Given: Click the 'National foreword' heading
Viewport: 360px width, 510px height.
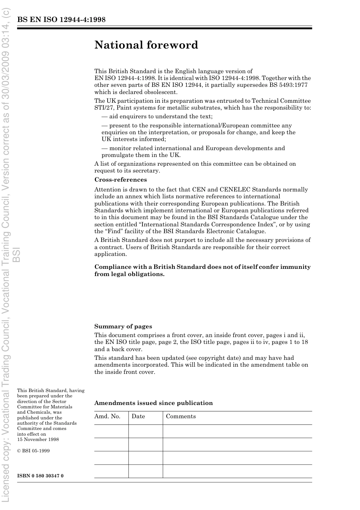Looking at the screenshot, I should point(146,45).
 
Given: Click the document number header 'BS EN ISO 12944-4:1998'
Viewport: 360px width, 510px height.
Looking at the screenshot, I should point(61,20).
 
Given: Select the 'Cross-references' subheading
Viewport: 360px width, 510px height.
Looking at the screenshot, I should point(121,180).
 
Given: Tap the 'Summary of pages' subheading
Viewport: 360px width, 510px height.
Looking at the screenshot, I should point(123,326).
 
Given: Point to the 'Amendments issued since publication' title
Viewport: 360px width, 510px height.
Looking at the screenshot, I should point(153,403).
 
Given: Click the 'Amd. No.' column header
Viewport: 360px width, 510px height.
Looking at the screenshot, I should point(107,416).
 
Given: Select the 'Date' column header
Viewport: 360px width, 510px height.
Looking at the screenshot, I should point(138,416).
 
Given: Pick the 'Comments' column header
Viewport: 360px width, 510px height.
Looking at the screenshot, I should point(181,416).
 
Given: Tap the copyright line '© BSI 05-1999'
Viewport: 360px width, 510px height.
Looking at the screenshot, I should point(33,451).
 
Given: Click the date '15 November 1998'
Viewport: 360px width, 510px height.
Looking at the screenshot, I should point(38,439).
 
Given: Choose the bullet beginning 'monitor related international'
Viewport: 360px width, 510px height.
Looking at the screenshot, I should point(193,148).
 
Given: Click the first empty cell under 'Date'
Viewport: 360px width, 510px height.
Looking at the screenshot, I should point(146,431).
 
